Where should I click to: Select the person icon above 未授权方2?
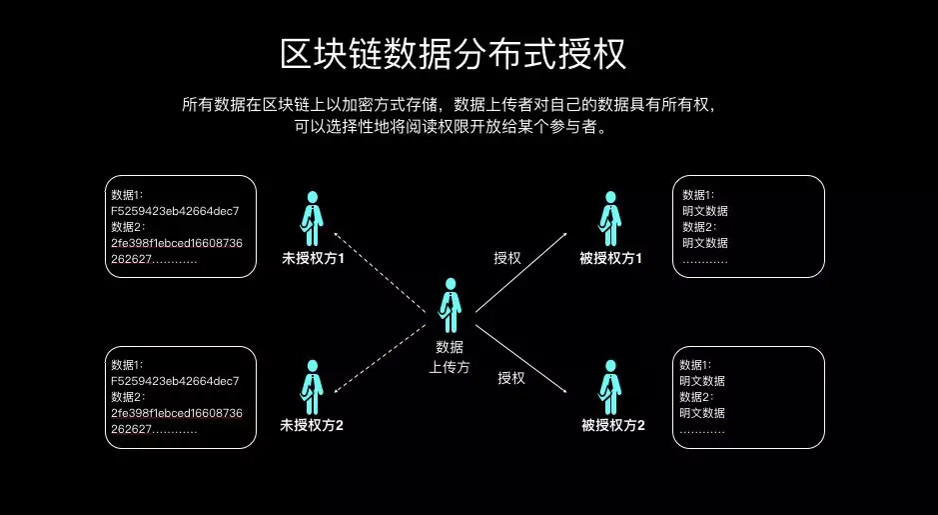[x=312, y=386]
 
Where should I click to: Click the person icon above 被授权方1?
[x=610, y=217]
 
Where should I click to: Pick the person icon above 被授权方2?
[x=610, y=386]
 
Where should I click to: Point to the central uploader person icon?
[x=452, y=304]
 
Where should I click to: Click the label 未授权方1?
[x=312, y=259]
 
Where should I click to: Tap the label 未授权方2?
[x=312, y=426]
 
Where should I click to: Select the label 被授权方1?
[x=610, y=259]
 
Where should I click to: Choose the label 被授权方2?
[x=612, y=426]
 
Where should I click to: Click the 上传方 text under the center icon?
[x=450, y=367]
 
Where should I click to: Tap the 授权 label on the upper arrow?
[x=507, y=258]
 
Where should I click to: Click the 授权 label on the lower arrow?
[x=511, y=378]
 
